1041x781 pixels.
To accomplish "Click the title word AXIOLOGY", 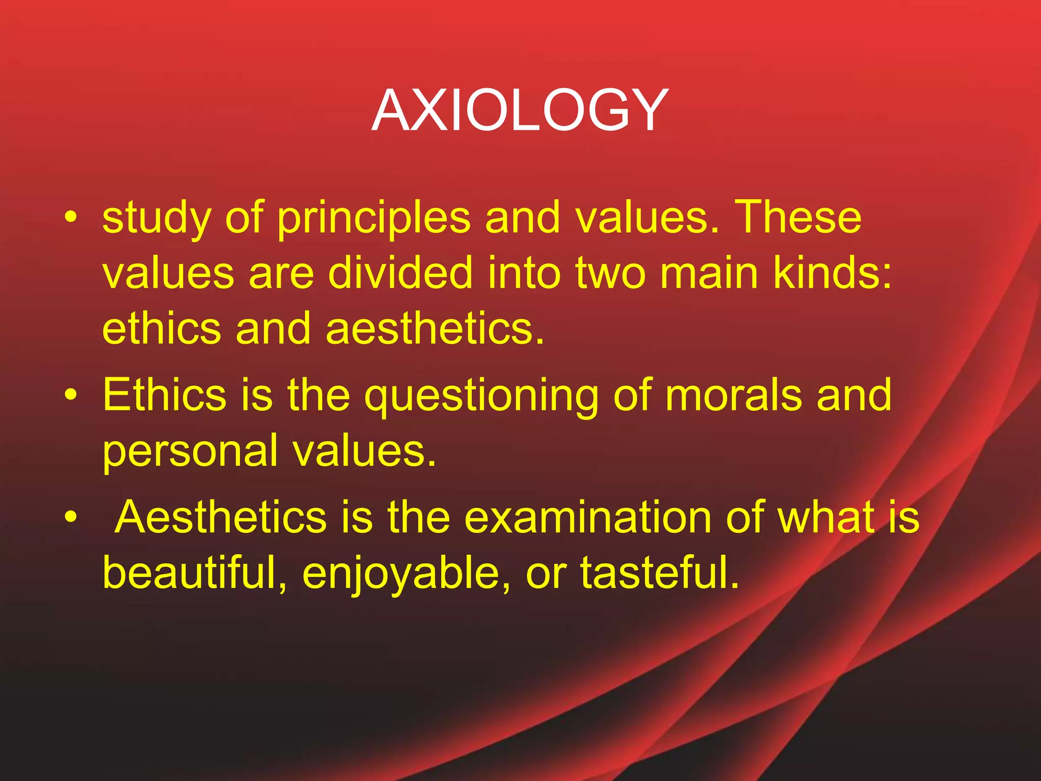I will [x=519, y=110].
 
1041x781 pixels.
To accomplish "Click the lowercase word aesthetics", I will [x=435, y=328].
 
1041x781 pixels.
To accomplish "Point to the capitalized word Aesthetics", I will [x=221, y=517].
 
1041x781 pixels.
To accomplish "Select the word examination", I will [x=589, y=517].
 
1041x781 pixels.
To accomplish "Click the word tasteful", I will [x=660, y=573].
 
